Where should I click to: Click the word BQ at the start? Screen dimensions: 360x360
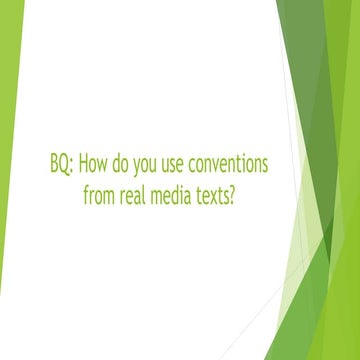click(59, 165)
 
